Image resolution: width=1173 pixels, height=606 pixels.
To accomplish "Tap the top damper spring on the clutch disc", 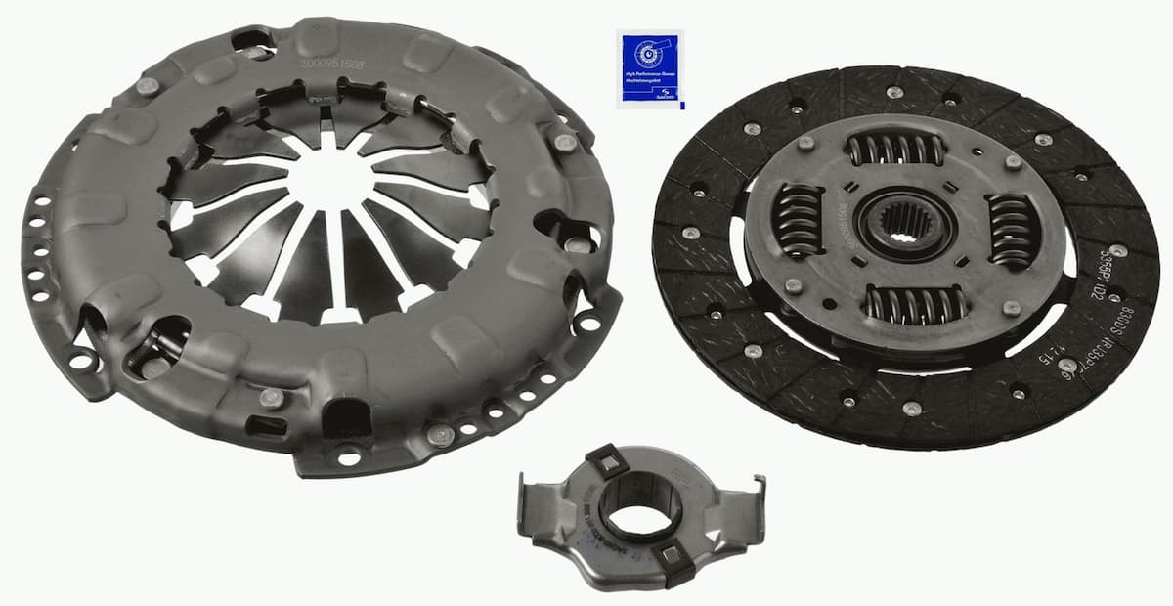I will [895, 150].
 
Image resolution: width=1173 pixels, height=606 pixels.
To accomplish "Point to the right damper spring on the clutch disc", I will [1010, 231].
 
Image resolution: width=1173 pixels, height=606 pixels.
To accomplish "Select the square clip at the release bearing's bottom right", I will [673, 557].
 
